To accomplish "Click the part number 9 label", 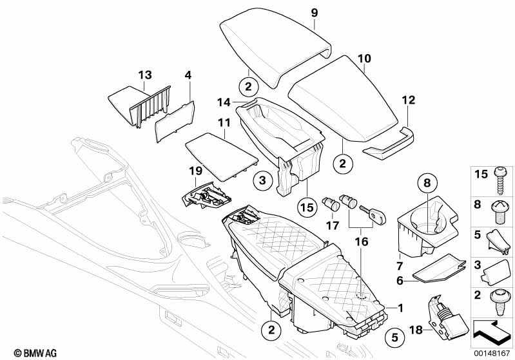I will (x=315, y=13).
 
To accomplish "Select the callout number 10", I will (x=364, y=59).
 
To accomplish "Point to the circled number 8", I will (x=426, y=184).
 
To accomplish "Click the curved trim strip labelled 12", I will (x=389, y=143).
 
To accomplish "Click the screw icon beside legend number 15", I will (x=501, y=180).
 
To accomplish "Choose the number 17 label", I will (x=333, y=225).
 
